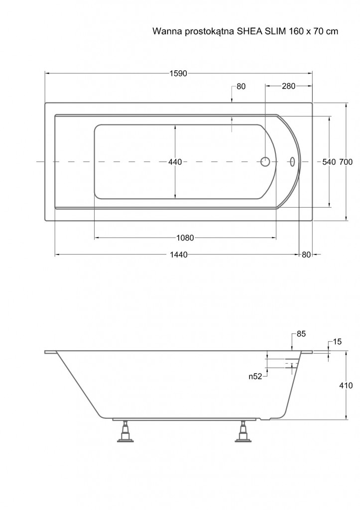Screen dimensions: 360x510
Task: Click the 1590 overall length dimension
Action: pyautogui.click(x=178, y=74)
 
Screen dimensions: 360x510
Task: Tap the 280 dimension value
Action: pyautogui.click(x=288, y=86)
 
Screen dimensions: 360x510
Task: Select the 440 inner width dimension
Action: pyautogui.click(x=175, y=162)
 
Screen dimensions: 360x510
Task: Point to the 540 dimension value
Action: pyautogui.click(x=329, y=162)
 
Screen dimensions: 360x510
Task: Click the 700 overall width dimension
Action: pyautogui.click(x=346, y=162)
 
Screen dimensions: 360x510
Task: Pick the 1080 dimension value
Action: pyautogui.click(x=185, y=238)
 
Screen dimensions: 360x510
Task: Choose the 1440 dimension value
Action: pyautogui.click(x=179, y=255)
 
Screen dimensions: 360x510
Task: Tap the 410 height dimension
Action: pyautogui.click(x=346, y=385)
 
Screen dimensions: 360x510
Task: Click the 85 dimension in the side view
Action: pyautogui.click(x=301, y=334)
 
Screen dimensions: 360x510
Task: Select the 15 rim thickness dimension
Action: pyautogui.click(x=338, y=342)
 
